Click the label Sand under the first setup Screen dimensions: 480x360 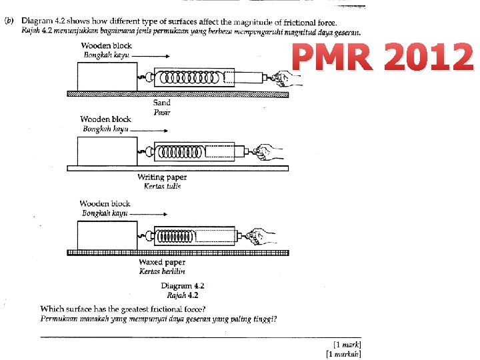[162, 103]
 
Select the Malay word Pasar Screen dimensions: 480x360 [162, 112]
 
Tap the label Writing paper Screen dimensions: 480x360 [162, 177]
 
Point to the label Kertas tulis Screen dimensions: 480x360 [162, 186]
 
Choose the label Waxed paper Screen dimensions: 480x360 [162, 263]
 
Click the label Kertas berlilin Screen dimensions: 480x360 [162, 271]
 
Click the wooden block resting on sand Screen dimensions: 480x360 [107, 76]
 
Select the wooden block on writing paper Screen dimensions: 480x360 [107, 151]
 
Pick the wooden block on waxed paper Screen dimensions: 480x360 [107, 235]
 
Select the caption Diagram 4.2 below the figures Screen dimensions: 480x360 [182, 286]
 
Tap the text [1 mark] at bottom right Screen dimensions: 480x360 [343, 345]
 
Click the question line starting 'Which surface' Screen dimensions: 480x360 [123, 309]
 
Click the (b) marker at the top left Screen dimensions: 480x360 [9, 21]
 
